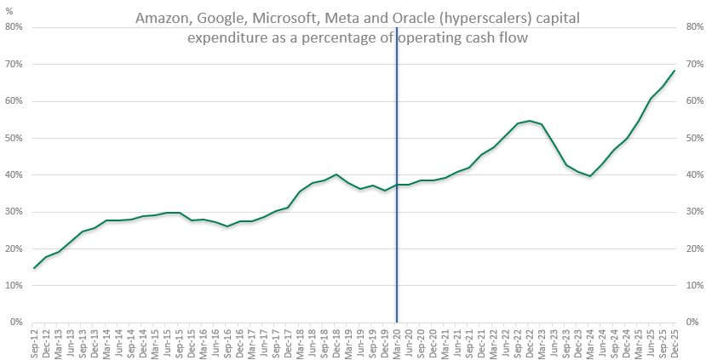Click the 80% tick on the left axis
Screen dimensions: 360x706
tap(14, 27)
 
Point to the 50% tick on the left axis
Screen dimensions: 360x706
tap(14, 138)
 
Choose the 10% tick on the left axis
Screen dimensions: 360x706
tap(14, 285)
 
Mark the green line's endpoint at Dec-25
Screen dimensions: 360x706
tap(674, 71)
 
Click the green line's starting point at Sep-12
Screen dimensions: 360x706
tap(35, 268)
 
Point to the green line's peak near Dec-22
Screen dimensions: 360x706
tap(530, 121)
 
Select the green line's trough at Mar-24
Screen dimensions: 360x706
tap(590, 176)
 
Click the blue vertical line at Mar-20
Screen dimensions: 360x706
tap(397, 213)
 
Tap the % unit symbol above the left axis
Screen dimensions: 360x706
tap(11, 12)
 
